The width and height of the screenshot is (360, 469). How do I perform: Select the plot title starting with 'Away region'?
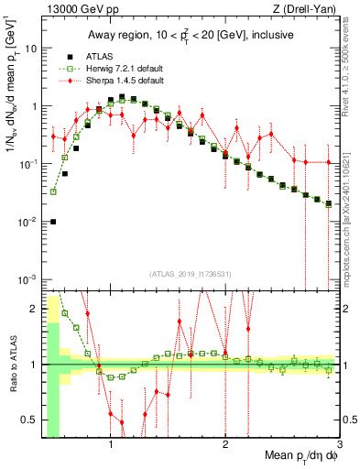(191, 35)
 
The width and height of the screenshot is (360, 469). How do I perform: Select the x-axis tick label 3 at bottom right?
(338, 445)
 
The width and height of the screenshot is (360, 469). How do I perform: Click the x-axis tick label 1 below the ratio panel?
(111, 445)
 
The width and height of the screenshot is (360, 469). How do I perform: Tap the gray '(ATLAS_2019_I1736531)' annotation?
(191, 273)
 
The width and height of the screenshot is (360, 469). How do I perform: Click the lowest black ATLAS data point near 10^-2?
(53, 221)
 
